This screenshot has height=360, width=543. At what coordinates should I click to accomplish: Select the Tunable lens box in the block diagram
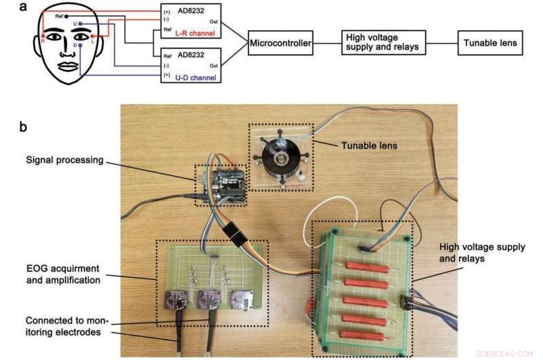(x=489, y=43)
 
